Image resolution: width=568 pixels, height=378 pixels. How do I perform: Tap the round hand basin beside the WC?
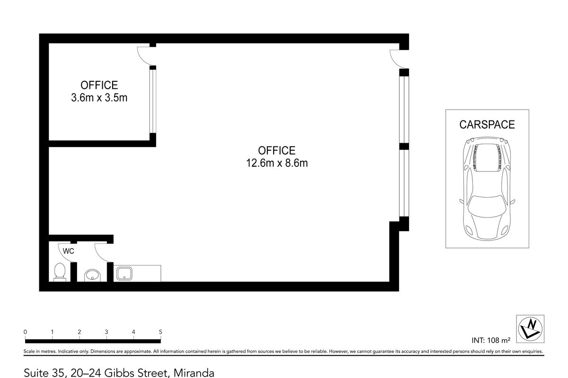(92, 275)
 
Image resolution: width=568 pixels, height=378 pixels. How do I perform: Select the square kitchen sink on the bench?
(124, 273)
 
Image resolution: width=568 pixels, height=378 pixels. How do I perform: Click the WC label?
(69, 251)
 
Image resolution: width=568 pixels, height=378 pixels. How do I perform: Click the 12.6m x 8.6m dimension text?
(276, 163)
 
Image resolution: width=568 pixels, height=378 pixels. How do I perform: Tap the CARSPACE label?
(487, 125)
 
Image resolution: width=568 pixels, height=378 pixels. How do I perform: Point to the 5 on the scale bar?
(161, 332)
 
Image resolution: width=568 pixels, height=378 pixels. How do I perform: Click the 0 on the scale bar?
(25, 332)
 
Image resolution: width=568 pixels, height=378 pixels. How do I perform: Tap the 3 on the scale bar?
(106, 332)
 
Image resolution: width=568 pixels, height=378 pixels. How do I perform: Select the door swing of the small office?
(144, 56)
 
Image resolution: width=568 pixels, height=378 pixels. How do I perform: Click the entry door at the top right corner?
(397, 58)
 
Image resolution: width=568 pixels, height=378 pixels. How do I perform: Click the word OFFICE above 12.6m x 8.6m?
(276, 151)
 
